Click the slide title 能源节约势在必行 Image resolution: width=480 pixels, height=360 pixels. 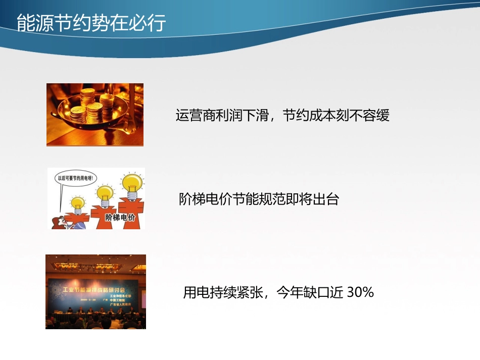click(x=91, y=23)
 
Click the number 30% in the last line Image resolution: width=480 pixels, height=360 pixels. click(x=360, y=292)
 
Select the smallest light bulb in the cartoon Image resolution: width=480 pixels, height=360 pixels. click(x=77, y=204)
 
